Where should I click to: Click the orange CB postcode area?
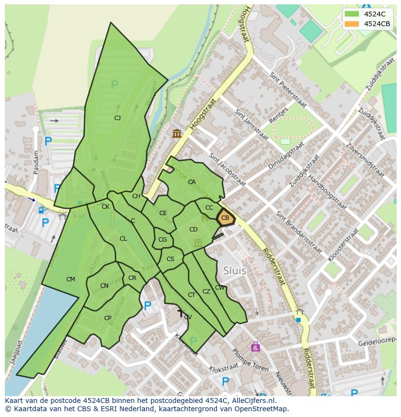point(225,218)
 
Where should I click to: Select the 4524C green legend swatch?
point(352,14)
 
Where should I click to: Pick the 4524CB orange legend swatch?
point(352,24)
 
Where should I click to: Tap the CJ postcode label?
point(117,118)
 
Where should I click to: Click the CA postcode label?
point(192,182)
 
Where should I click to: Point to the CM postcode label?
point(71,279)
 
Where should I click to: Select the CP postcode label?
point(108,318)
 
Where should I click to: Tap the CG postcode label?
point(162,240)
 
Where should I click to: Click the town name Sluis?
point(234,270)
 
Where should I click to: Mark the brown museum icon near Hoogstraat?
point(177,133)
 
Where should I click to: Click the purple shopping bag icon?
point(255,346)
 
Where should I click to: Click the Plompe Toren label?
point(251,360)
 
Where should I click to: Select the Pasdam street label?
point(36,162)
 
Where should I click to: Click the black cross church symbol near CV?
point(180,313)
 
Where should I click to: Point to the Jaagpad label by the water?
point(13,352)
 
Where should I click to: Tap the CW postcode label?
point(220,288)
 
